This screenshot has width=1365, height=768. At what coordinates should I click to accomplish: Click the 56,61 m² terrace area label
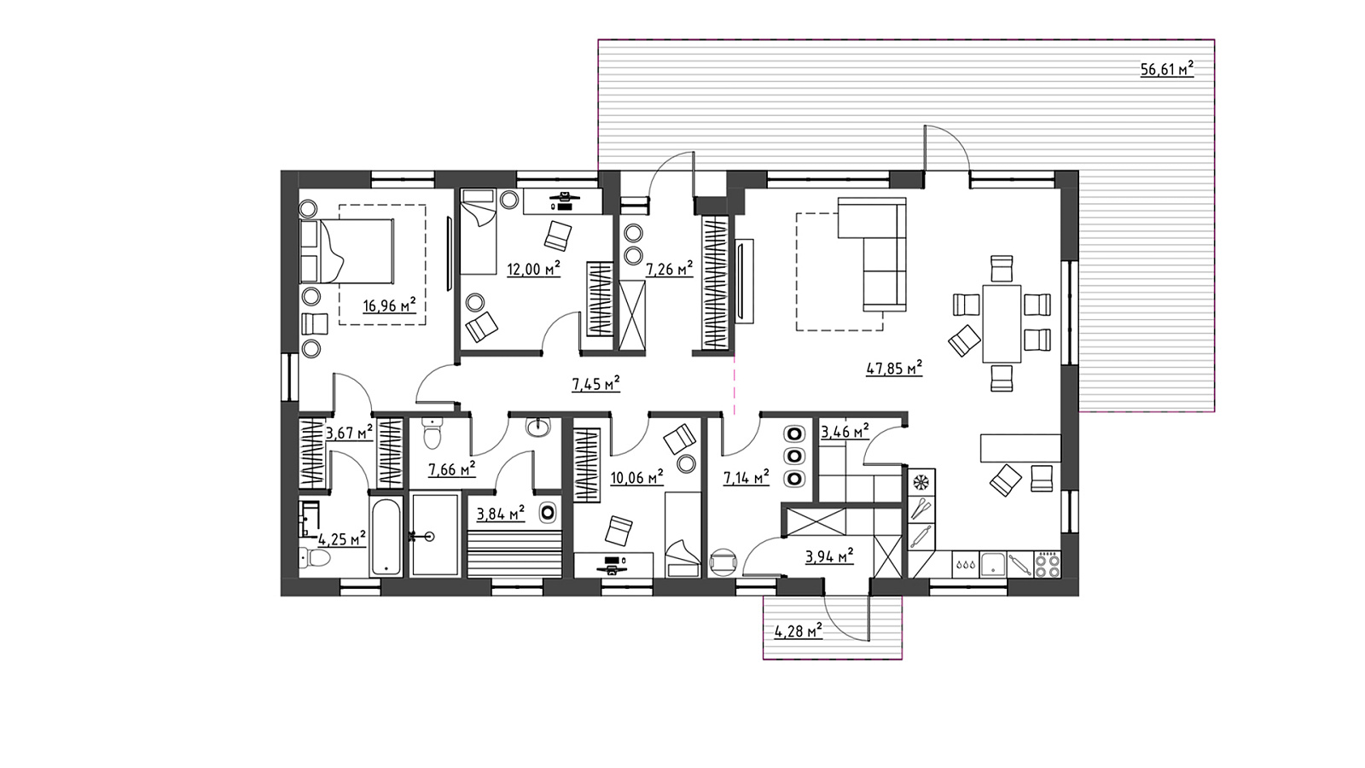point(1166,69)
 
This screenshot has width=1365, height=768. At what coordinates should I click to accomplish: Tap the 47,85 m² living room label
point(893,368)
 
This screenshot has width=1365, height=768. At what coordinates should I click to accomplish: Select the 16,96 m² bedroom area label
point(389,305)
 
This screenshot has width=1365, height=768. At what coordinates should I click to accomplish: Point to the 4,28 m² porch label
point(798,631)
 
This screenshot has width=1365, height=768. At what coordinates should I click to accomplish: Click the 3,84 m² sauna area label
point(500,514)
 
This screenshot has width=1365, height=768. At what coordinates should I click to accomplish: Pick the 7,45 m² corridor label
point(595,384)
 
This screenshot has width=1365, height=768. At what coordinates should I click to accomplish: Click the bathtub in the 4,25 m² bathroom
point(386,537)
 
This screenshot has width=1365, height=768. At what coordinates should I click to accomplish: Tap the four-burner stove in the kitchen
point(1048,564)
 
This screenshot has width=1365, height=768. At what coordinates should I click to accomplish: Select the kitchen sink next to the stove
point(993,564)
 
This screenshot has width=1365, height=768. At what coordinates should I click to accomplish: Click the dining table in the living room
point(1002,323)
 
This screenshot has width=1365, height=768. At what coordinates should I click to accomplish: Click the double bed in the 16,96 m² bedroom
point(346,251)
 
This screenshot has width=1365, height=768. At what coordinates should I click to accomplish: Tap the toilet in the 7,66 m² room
point(432,433)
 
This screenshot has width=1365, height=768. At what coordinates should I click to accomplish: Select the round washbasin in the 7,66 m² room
point(537,428)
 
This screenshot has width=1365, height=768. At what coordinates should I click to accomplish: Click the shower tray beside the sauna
point(435,535)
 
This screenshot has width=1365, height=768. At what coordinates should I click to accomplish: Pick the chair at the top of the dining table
point(1002,269)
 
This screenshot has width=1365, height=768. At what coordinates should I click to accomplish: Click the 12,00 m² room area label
point(534,268)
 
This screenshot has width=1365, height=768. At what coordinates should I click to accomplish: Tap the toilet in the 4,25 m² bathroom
point(315,556)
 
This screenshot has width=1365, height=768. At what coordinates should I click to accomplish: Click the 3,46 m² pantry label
point(845,432)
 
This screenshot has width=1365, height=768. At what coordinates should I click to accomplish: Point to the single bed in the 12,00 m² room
point(479,231)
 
